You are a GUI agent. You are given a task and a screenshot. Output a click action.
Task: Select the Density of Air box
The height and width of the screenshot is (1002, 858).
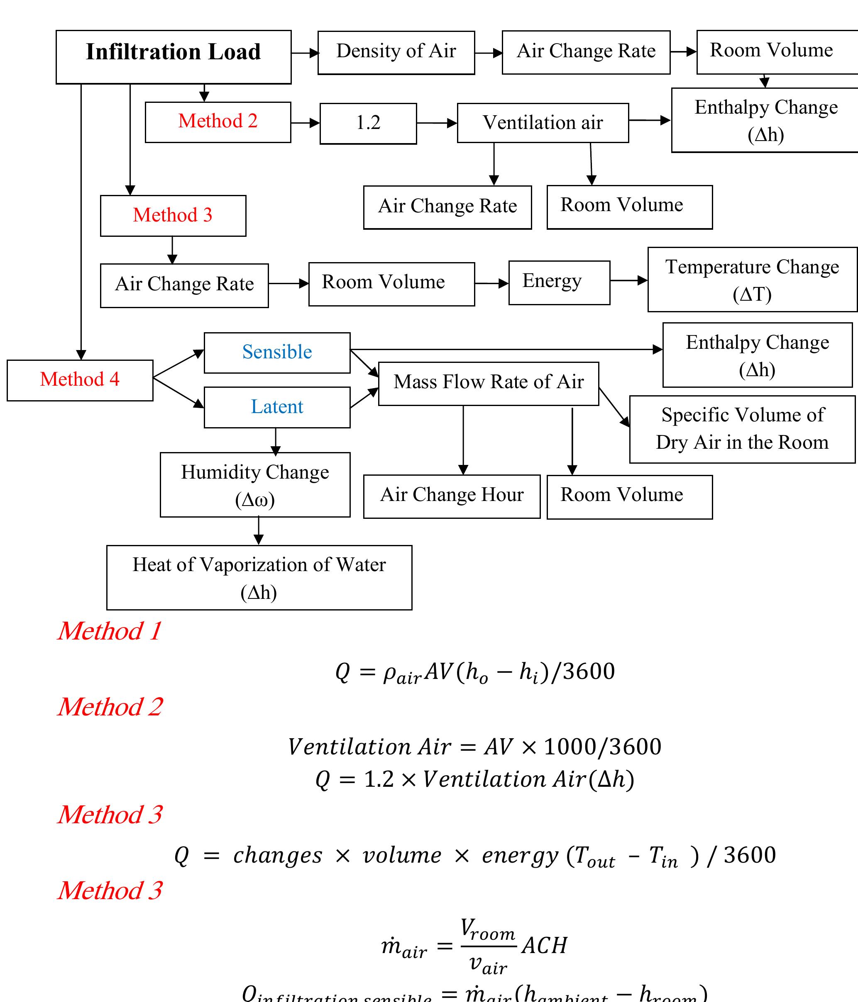(x=396, y=52)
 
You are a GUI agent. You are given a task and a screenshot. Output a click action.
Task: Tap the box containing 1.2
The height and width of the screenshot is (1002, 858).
(x=368, y=123)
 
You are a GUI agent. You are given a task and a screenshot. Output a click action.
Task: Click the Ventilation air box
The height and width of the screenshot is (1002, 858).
(x=543, y=123)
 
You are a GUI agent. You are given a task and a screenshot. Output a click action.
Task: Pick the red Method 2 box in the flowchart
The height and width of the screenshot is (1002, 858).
(x=218, y=122)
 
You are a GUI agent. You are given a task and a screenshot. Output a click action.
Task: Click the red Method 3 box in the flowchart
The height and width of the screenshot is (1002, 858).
(x=173, y=216)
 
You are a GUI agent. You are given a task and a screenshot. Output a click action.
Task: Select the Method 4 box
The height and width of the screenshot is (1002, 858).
(x=80, y=380)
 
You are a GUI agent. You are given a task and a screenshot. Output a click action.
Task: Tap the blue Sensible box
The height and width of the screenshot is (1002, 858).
(x=277, y=353)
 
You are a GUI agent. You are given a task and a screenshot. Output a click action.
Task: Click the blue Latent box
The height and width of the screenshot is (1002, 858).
(x=277, y=407)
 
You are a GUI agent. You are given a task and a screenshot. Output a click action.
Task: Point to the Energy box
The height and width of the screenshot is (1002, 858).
(x=559, y=282)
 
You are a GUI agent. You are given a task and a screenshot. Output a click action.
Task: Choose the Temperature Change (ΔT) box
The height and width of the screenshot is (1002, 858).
(x=752, y=280)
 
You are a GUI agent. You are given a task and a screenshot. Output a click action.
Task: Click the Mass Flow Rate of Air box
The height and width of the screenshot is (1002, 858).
(x=488, y=383)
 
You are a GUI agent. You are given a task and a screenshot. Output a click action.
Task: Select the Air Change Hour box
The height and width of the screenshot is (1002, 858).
(x=452, y=496)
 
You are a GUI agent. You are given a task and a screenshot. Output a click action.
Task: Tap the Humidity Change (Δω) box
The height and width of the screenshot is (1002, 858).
(x=255, y=484)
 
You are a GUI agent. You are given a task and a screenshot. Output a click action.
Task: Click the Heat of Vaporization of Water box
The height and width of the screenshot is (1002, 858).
(x=259, y=577)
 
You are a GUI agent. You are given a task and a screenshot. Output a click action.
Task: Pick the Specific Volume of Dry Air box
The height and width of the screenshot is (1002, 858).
(x=742, y=429)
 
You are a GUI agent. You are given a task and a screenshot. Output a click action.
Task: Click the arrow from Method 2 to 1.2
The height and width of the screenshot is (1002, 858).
(x=305, y=123)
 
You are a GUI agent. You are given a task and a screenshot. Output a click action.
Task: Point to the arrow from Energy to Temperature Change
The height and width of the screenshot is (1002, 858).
(x=628, y=280)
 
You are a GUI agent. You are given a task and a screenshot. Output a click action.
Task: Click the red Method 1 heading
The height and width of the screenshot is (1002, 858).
(x=109, y=631)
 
